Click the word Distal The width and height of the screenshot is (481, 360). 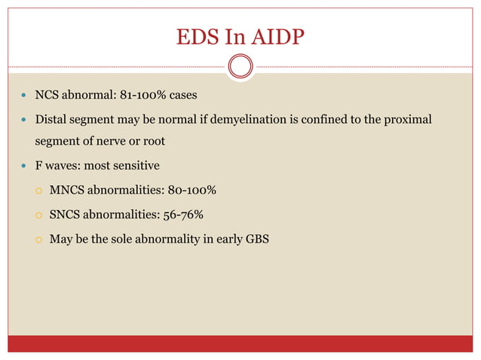54,118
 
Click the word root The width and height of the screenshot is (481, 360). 176,141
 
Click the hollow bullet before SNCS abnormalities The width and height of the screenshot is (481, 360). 38,215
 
